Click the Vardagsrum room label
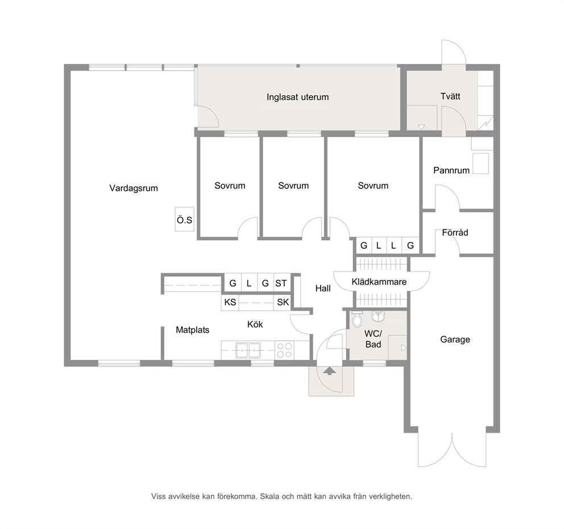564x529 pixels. tap(134, 188)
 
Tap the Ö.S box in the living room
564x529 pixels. tap(185, 219)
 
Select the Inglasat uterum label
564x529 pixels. tap(297, 97)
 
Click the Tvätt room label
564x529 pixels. tap(450, 96)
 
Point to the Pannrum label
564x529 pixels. tap(451, 170)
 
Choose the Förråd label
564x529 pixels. tap(455, 232)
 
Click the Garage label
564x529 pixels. tap(455, 339)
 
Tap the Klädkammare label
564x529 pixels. tap(379, 282)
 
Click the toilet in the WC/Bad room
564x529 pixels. tap(357, 319)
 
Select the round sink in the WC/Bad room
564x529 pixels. tap(378, 316)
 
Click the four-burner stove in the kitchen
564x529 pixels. tap(284, 350)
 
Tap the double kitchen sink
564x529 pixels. tap(248, 350)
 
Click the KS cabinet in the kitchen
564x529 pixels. tap(230, 302)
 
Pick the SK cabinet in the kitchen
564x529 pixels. tap(283, 302)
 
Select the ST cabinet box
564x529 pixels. tap(281, 283)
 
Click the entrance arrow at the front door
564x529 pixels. tap(329, 371)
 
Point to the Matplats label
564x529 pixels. tap(192, 330)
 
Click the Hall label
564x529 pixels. tap(323, 288)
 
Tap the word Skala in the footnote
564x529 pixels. tap(270, 497)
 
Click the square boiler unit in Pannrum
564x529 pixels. tap(480, 163)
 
